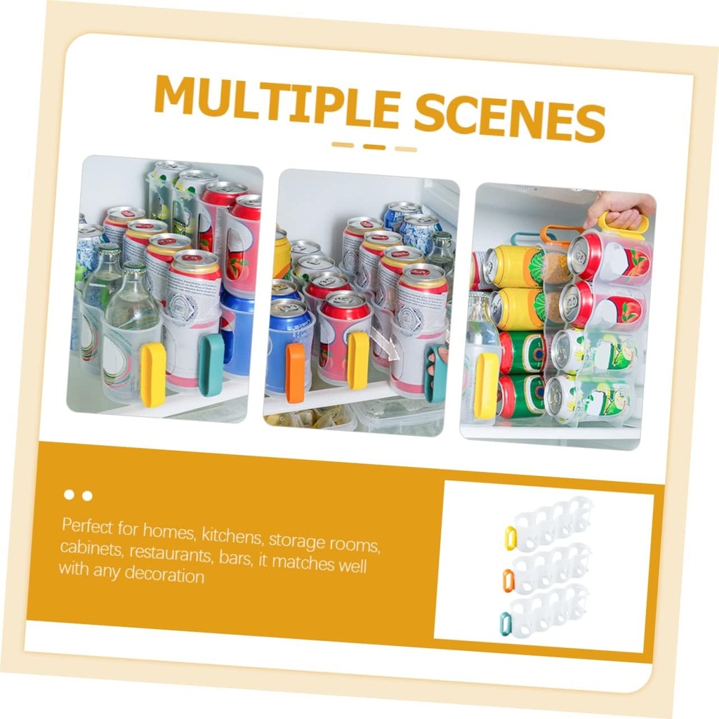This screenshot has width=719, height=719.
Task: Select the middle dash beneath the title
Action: point(374,146)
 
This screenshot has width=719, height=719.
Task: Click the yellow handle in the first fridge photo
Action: point(153,374)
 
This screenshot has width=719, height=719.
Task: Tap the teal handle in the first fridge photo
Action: point(211,364)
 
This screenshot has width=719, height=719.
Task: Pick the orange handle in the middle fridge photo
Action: point(296,372)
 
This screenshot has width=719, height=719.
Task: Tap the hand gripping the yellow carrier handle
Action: point(621,208)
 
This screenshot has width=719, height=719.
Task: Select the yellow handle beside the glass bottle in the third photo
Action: point(486,385)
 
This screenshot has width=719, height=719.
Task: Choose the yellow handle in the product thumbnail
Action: point(510,537)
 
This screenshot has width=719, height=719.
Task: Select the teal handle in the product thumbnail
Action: point(506,622)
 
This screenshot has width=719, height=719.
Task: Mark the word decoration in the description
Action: point(164,575)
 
